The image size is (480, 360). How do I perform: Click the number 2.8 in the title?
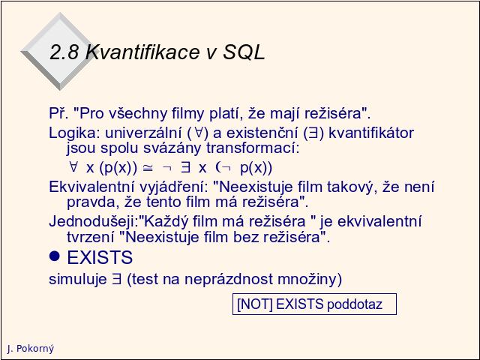click(64, 52)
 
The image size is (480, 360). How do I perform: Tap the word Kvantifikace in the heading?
click(143, 52)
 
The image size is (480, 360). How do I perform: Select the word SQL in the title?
click(244, 52)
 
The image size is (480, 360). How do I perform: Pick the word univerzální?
click(143, 133)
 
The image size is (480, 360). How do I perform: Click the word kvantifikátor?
click(371, 133)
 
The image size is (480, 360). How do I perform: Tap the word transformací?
click(253, 148)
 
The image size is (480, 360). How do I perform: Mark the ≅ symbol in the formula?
click(148, 168)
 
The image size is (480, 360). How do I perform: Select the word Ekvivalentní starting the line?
click(91, 187)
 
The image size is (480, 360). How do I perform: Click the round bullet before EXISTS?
click(55, 256)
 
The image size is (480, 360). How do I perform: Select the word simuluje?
click(78, 279)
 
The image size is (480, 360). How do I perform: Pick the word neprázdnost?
click(229, 279)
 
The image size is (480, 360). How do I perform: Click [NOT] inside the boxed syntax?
click(255, 304)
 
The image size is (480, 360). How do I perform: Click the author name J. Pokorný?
click(30, 348)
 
